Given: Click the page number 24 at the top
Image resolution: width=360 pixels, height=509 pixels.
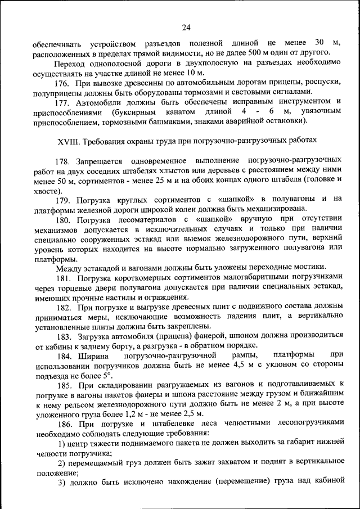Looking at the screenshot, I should pos(186,27).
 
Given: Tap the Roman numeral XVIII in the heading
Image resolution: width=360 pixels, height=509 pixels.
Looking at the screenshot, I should pos(69,139).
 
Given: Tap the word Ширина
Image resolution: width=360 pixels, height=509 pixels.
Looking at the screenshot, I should pos(96,355).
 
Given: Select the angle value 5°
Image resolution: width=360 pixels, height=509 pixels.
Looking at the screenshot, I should pos(107,375).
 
